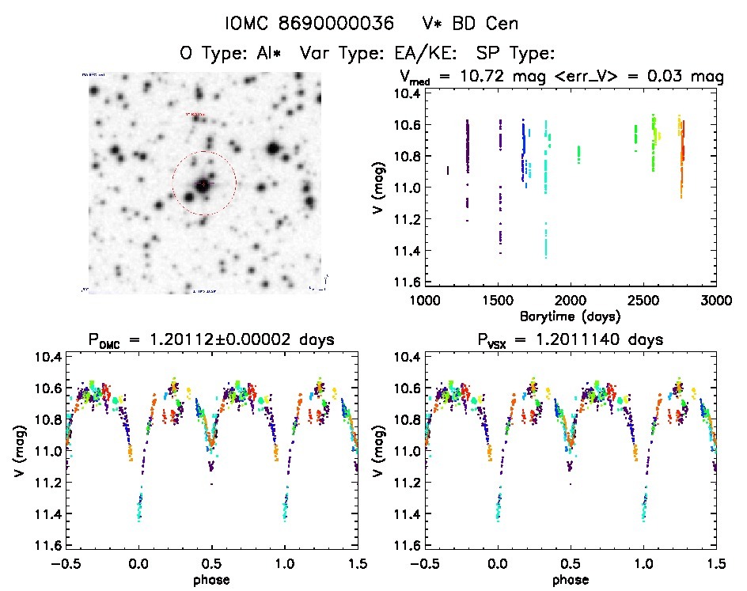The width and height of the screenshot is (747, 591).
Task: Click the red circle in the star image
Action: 204,151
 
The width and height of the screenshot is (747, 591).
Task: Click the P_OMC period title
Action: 211,339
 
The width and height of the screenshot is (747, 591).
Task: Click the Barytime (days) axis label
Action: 570,316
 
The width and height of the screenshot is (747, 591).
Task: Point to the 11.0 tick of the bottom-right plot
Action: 407,451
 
